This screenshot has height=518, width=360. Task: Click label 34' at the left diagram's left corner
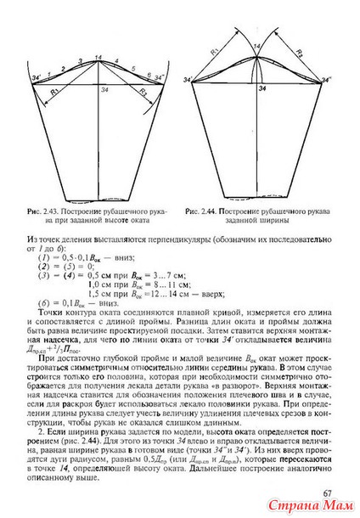35,79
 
